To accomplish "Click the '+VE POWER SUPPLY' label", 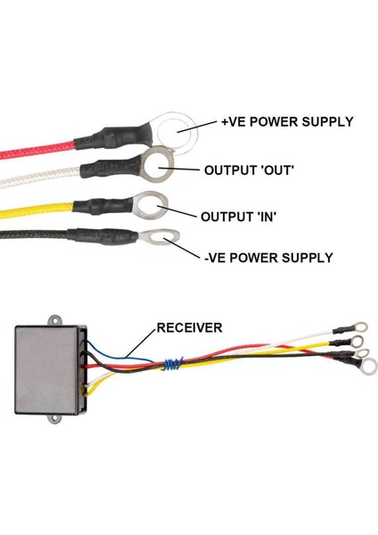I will click(288, 122).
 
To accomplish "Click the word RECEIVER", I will click(189, 327).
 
